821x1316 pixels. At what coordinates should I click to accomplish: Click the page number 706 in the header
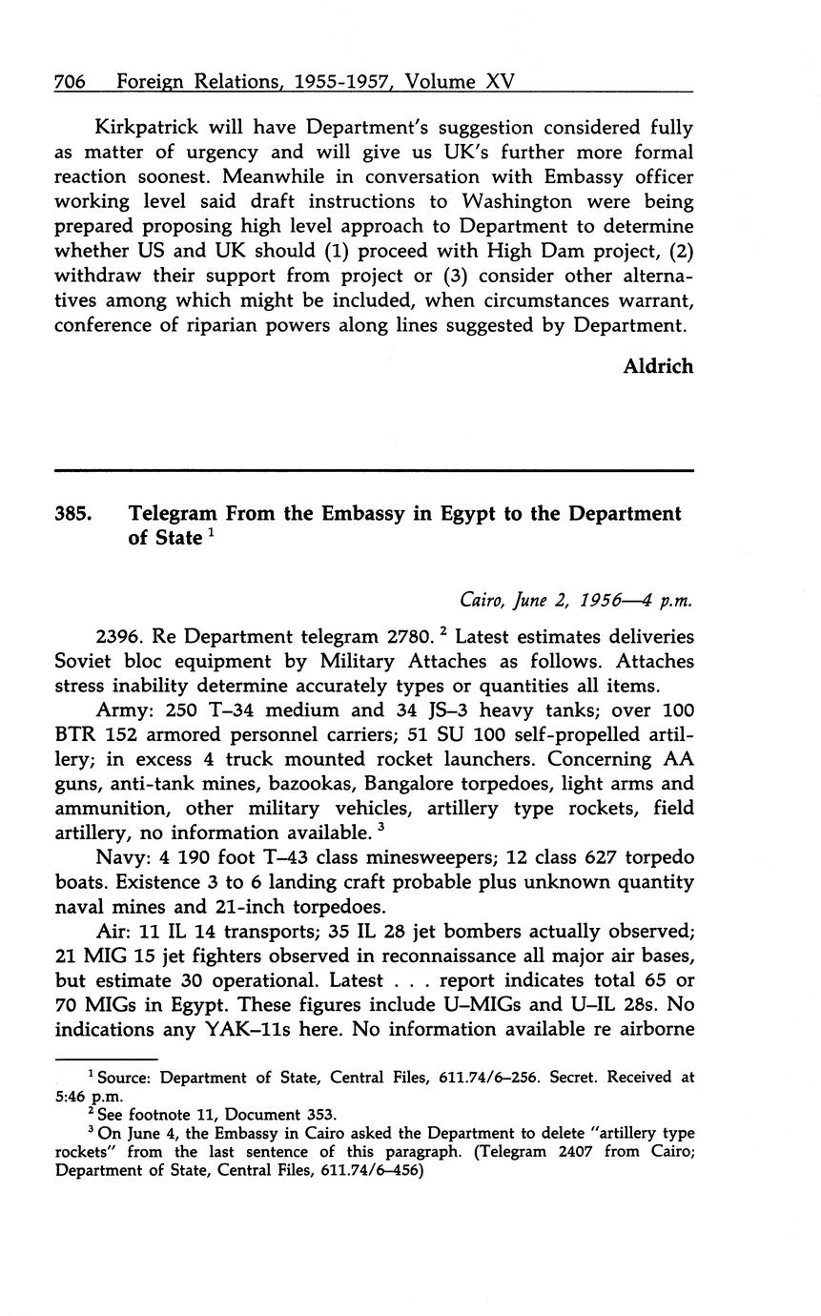[71, 81]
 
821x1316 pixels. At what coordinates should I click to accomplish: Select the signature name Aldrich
[658, 366]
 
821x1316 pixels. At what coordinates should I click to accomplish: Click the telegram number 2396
[119, 637]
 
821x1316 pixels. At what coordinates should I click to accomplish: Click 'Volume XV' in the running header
[460, 81]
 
